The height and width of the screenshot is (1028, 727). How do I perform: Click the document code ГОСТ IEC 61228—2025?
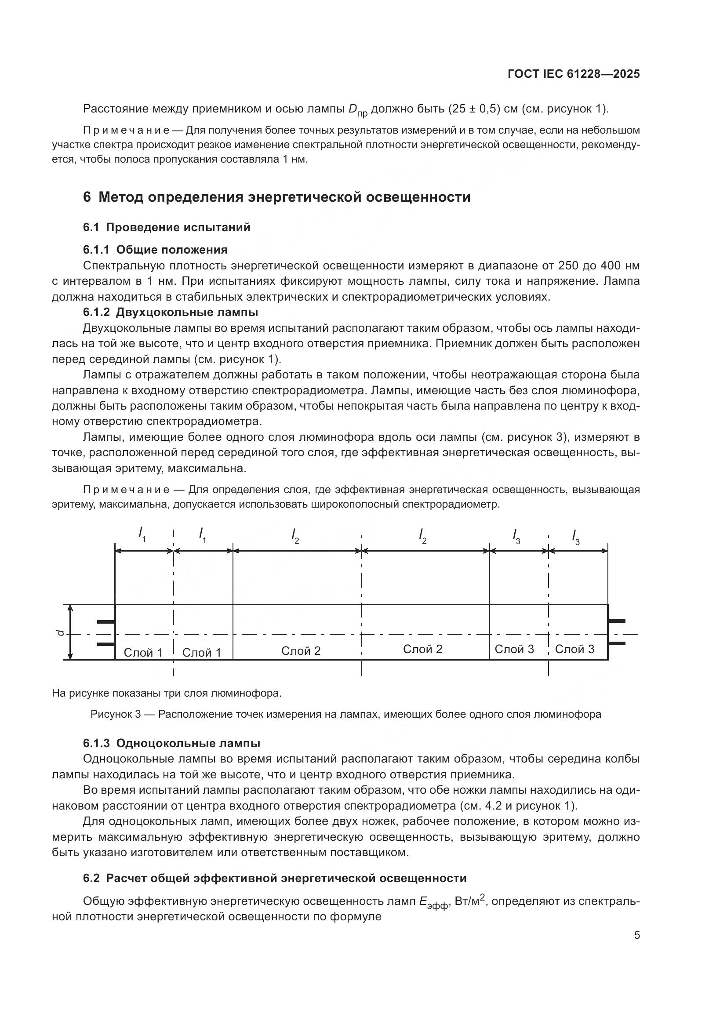(574, 74)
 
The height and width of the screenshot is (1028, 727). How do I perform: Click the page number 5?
(636, 935)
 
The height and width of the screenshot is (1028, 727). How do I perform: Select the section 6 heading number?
(87, 197)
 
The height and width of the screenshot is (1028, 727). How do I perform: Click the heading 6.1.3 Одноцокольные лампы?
(171, 743)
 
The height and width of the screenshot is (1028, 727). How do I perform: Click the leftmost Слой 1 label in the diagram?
(143, 652)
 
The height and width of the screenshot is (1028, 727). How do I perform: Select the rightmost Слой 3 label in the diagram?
(574, 649)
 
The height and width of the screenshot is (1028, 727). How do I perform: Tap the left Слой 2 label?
(301, 650)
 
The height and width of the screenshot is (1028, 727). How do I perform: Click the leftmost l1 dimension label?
(142, 534)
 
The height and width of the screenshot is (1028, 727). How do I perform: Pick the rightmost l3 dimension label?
(576, 536)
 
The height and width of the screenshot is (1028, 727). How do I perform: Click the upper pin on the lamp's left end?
(106, 622)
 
